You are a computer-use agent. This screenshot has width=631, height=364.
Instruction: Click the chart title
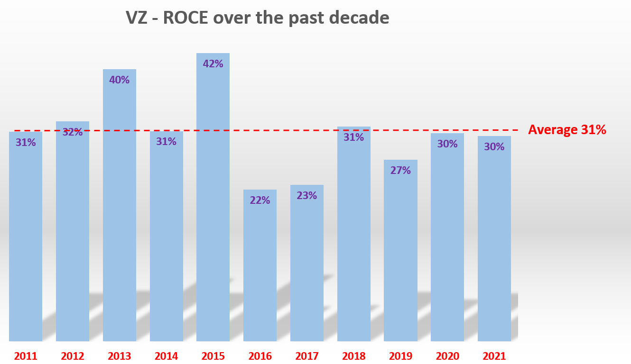pyautogui.click(x=257, y=18)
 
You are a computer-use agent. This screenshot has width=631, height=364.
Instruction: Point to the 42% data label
pyautogui.click(x=213, y=64)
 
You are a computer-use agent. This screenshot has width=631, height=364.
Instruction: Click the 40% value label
pyautogui.click(x=120, y=80)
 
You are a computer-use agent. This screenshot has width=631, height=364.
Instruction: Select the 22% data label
pyautogui.click(x=260, y=200)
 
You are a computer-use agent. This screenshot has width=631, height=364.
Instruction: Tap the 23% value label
pyautogui.click(x=307, y=195)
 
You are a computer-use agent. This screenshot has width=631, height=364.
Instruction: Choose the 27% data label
pyautogui.click(x=400, y=170)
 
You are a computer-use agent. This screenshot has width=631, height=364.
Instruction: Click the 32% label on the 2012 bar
pyautogui.click(x=73, y=132)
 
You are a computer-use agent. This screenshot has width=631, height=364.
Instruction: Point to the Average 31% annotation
pyautogui.click(x=567, y=130)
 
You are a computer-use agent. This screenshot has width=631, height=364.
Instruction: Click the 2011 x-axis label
pyautogui.click(x=26, y=356)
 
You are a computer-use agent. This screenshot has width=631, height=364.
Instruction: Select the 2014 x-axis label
pyautogui.click(x=167, y=356)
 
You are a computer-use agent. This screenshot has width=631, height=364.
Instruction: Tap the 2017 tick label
pyautogui.click(x=307, y=356)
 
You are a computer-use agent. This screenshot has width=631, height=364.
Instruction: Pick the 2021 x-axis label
pyautogui.click(x=494, y=356)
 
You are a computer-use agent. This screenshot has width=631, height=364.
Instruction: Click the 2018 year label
pyautogui.click(x=354, y=356)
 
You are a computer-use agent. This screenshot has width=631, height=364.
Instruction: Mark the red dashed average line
pyautogui.click(x=285, y=130)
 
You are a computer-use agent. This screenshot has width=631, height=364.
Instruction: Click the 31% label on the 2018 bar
pyautogui.click(x=354, y=137)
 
